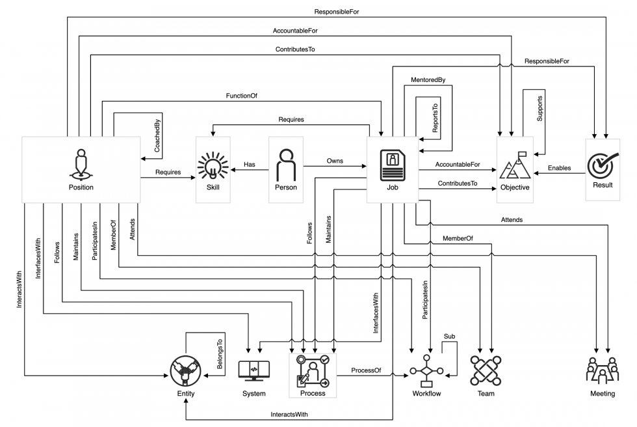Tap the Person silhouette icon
[286, 165]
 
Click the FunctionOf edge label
[241, 96]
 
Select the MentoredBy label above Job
[428, 80]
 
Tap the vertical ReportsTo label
[435, 116]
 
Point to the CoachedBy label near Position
[157, 136]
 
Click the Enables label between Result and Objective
[559, 168]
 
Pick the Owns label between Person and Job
[335, 161]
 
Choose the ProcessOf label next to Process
[366, 370]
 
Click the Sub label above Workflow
[449, 337]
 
